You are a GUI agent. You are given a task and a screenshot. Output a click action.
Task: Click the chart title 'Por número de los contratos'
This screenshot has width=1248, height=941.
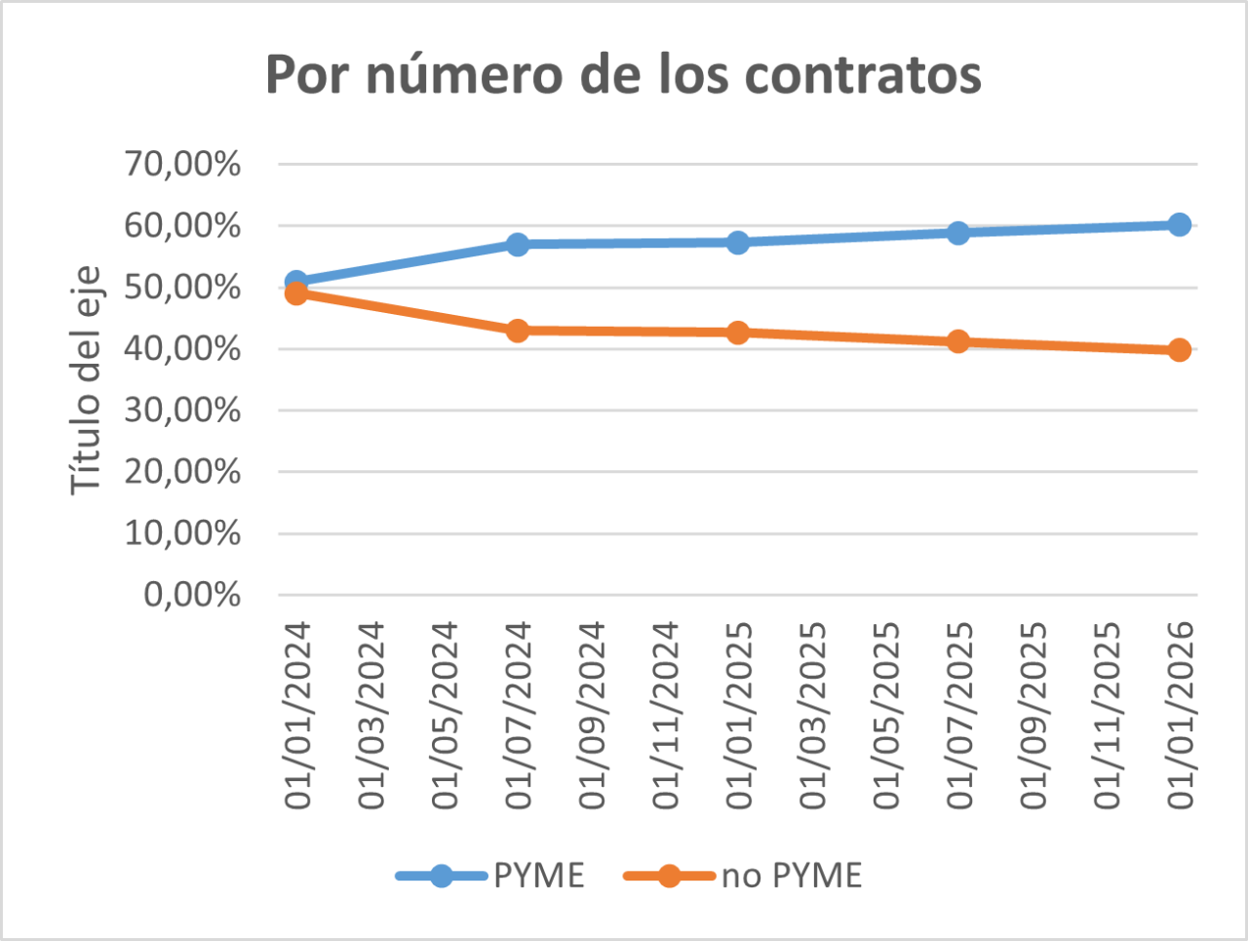tap(623, 75)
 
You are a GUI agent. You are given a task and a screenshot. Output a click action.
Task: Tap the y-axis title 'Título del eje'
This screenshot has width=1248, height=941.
tap(86, 380)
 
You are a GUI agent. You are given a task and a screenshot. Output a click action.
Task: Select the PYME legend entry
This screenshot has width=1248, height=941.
tap(490, 876)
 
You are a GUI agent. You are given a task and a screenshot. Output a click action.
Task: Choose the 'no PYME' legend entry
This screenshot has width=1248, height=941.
tap(743, 876)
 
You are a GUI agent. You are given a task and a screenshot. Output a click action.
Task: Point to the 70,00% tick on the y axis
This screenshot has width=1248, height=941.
tap(182, 164)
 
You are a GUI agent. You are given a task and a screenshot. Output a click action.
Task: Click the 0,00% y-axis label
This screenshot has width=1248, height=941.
tap(192, 594)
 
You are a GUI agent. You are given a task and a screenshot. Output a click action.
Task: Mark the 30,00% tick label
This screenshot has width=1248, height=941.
tap(182, 410)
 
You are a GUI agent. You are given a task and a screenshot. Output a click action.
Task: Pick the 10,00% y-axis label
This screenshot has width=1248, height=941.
tap(182, 532)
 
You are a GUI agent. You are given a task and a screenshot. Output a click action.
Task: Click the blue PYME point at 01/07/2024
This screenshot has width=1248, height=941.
tap(518, 244)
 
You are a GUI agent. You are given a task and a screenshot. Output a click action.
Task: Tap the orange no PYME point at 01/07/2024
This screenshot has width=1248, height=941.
tap(518, 331)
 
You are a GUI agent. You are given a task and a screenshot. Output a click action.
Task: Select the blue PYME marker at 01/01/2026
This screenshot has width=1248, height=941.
tap(1179, 225)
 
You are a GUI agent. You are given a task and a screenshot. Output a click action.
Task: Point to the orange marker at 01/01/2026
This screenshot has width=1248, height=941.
tap(1179, 350)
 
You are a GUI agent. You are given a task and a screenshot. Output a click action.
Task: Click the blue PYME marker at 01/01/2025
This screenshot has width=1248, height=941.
tap(738, 242)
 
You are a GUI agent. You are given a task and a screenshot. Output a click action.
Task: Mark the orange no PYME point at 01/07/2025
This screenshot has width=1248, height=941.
tap(958, 341)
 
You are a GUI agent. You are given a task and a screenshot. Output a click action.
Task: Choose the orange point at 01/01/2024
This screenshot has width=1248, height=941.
tap(296, 294)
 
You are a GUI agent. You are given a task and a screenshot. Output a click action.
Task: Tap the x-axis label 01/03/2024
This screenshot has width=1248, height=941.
tap(370, 716)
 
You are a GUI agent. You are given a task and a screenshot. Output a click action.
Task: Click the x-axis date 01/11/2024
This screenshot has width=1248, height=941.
tap(665, 716)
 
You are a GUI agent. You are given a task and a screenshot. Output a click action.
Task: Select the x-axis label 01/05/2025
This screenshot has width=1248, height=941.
tap(885, 716)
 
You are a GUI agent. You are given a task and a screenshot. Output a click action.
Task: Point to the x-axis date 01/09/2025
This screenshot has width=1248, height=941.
tap(1033, 716)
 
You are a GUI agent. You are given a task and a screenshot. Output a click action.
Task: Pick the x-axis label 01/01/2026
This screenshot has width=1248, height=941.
tap(1180, 716)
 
